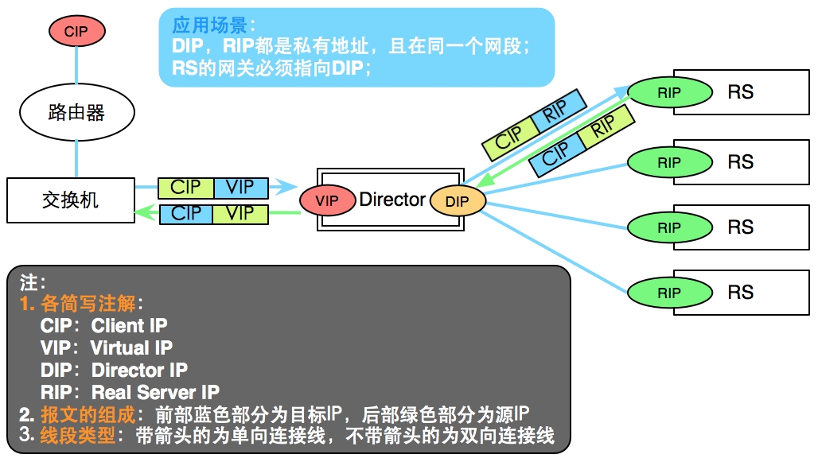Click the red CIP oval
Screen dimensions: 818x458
pos(76,31)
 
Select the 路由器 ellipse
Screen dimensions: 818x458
pos(76,112)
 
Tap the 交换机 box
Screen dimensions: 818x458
pos(71,200)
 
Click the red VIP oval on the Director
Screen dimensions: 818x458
pos(327,200)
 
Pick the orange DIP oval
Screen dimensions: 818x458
pos(458,201)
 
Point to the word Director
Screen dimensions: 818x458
pos(392,200)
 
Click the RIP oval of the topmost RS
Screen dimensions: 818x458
pos(669,93)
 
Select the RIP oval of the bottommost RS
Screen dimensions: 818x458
pos(669,293)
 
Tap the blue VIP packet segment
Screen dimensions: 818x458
pos(240,188)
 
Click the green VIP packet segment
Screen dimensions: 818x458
pos(240,214)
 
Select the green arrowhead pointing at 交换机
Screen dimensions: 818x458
pos(146,212)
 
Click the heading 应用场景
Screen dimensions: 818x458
pos(209,25)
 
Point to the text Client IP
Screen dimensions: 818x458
pos(130,325)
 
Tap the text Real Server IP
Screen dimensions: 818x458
pos(155,392)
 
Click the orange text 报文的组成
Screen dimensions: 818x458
pos(88,415)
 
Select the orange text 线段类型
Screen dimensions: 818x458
pos(78,435)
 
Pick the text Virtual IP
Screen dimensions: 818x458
pos(131,347)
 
